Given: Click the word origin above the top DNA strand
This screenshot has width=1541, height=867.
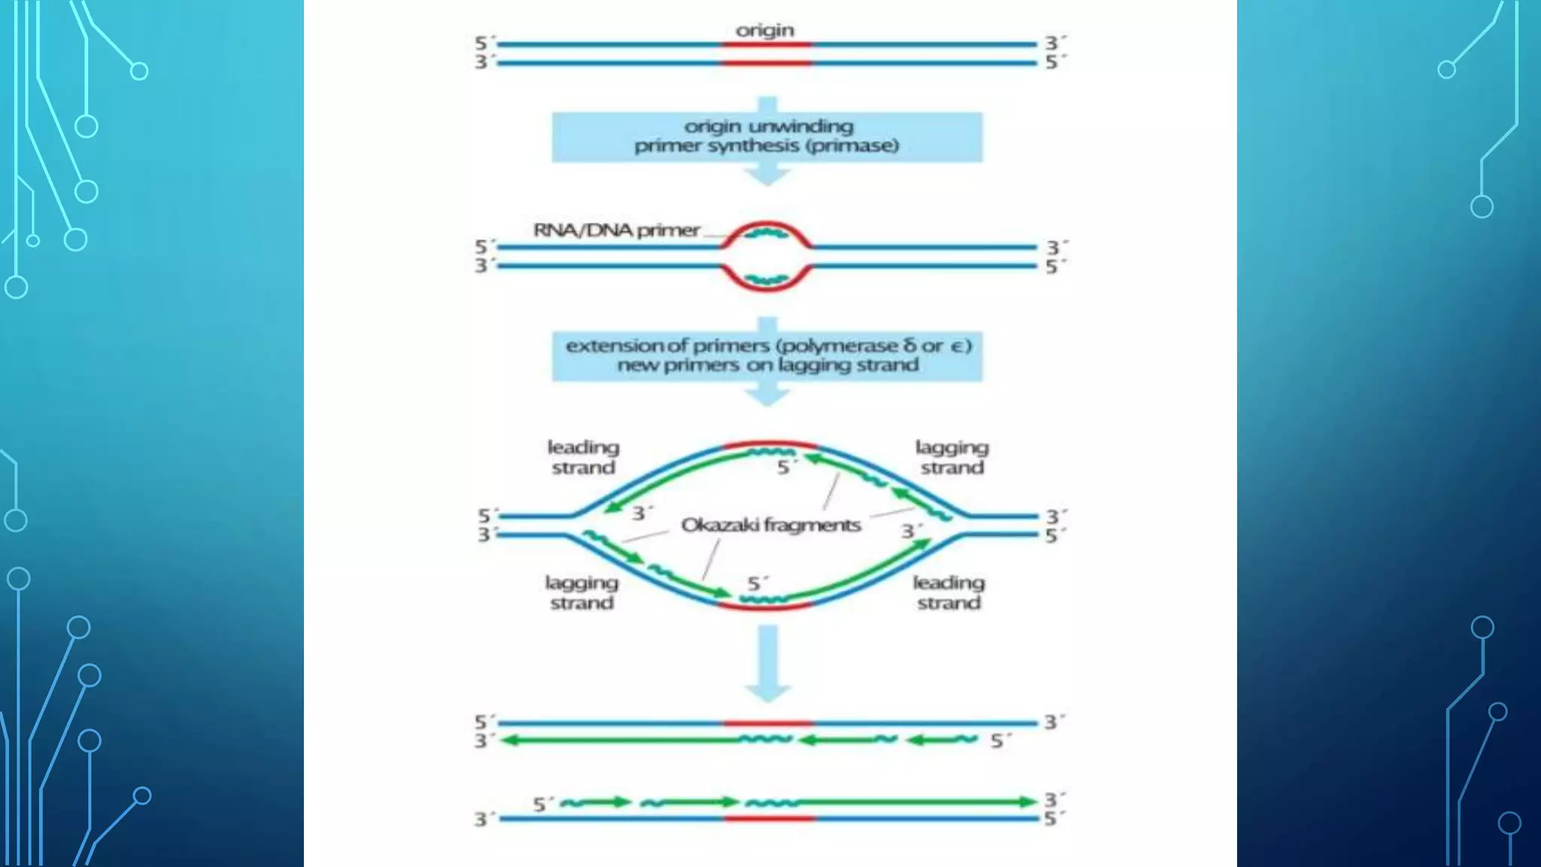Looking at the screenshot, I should [764, 30].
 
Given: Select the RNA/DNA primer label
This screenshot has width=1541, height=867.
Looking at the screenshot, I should [616, 230].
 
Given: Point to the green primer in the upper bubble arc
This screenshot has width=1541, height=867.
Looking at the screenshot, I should [766, 233].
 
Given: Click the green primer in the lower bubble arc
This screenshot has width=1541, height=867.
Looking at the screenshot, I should [766, 280].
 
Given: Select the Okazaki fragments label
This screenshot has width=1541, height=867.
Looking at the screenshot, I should [770, 525].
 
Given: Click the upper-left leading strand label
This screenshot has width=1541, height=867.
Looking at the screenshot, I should [583, 457].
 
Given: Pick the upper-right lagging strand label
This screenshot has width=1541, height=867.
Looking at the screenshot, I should [952, 457].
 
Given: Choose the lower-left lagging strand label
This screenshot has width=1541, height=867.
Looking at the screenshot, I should [582, 592].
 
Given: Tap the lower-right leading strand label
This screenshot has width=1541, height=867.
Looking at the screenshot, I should [949, 592].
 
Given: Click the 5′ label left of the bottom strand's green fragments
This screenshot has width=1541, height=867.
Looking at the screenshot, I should [543, 805].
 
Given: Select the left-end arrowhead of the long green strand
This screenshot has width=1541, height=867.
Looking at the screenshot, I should [510, 741].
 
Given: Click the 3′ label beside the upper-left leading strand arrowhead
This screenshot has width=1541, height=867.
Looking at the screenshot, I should [641, 513].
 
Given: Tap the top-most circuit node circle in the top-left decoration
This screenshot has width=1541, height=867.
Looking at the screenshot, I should [139, 71].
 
